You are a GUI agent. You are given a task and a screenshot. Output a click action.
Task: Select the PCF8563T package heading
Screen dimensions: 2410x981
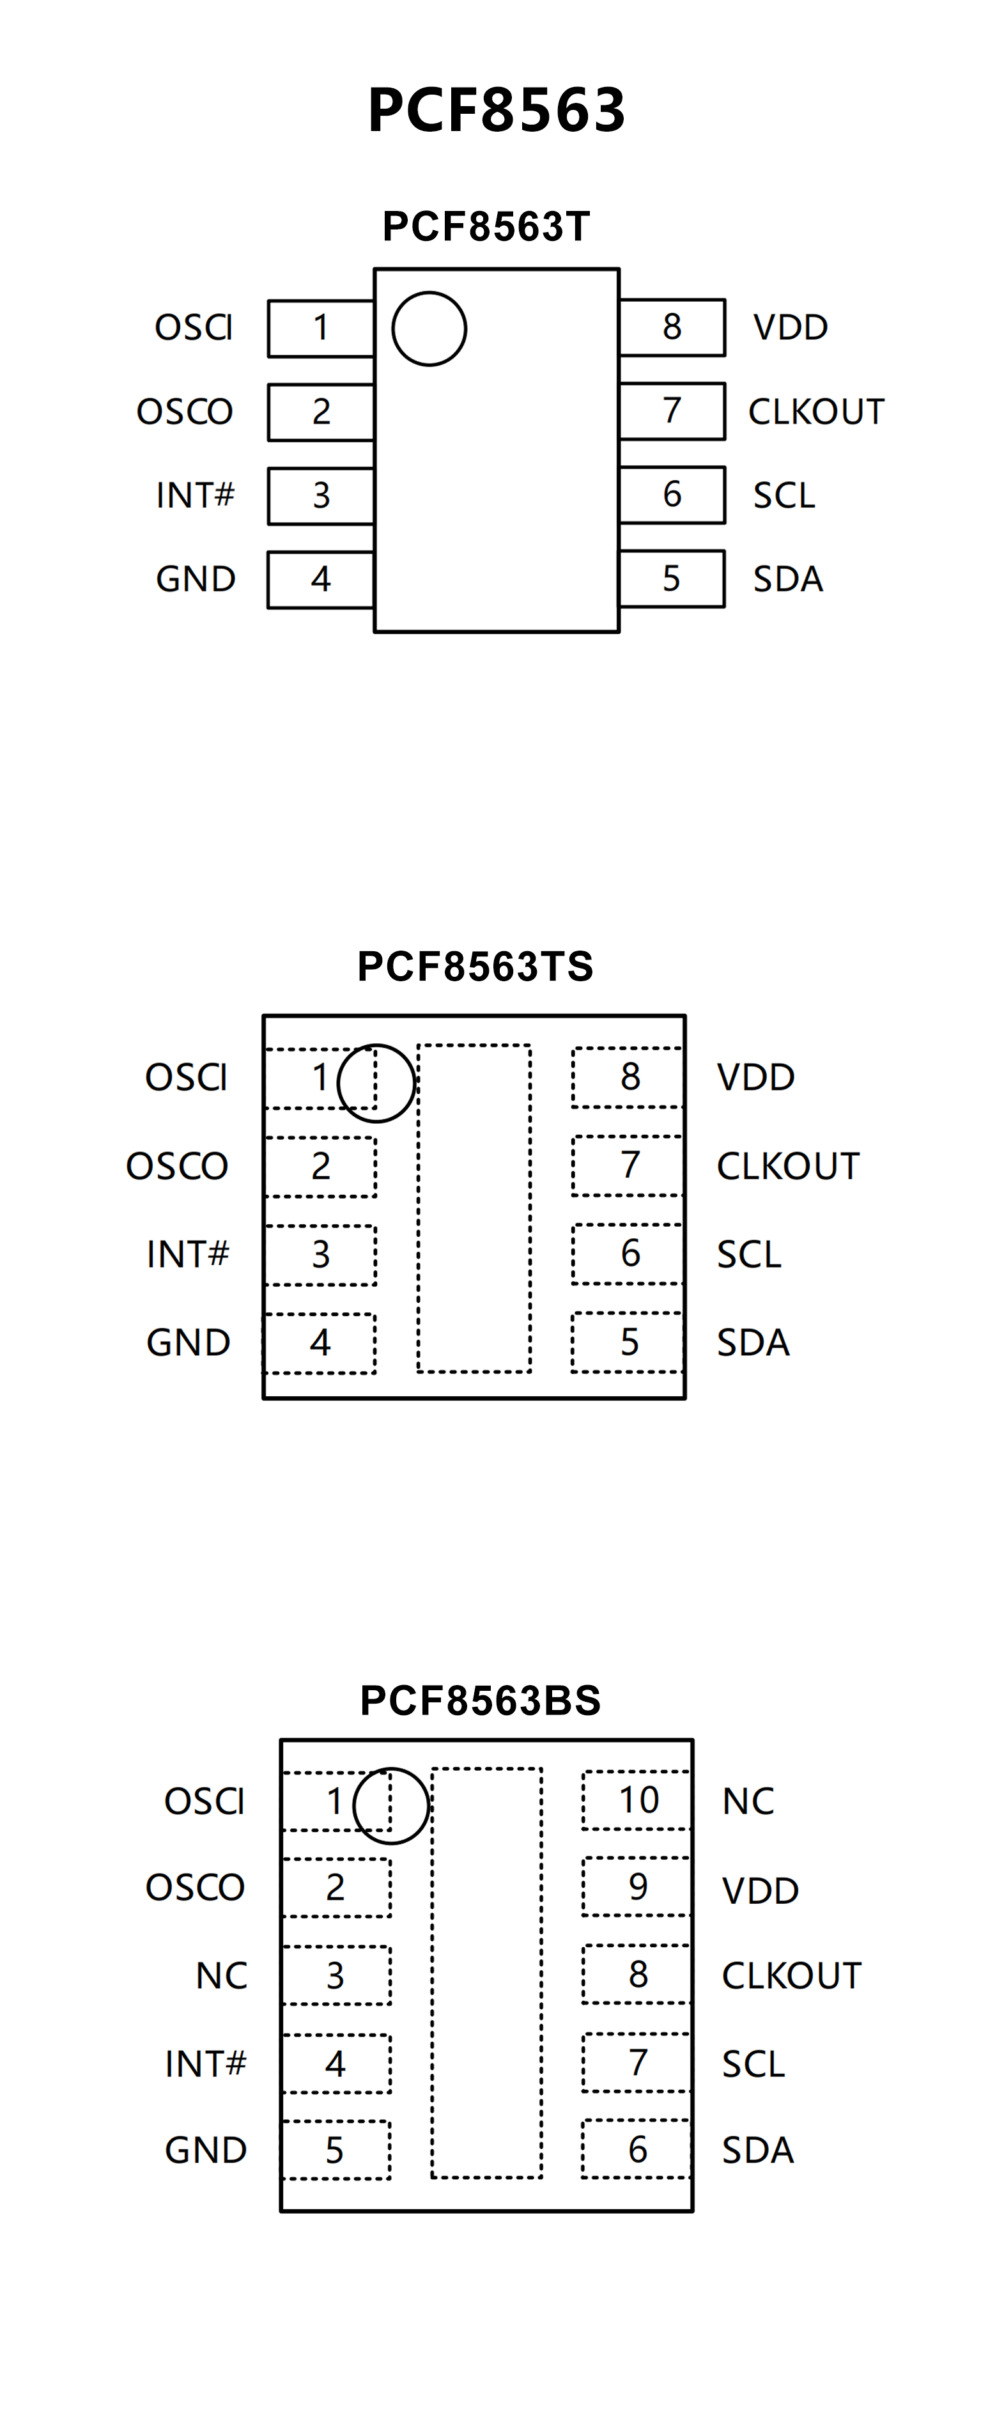(486, 226)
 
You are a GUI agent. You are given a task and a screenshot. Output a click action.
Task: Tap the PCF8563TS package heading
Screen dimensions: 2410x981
(475, 967)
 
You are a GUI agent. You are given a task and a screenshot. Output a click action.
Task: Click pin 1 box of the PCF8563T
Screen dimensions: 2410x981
(321, 329)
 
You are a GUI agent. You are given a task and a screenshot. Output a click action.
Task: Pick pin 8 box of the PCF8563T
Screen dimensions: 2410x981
(672, 327)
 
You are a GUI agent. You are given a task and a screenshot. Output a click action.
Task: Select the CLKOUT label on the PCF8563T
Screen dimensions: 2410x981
(815, 412)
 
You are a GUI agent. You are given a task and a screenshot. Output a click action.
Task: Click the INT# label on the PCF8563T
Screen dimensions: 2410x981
(194, 495)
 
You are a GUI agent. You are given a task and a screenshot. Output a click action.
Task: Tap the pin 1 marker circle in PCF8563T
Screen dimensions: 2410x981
(429, 329)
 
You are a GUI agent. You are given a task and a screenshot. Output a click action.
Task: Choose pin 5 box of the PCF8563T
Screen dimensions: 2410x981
(672, 579)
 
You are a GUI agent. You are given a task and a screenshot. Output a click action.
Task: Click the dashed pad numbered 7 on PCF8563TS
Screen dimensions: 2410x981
(628, 1166)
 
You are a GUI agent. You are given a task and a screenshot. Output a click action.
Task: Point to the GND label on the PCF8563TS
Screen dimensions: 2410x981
(188, 1342)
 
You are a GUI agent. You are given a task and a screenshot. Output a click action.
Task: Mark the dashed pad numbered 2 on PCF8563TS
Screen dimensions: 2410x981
(321, 1167)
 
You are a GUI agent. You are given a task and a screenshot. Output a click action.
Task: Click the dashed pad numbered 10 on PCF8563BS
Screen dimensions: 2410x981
(638, 1800)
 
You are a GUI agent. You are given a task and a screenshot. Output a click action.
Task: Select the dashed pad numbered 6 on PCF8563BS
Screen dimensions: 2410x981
(637, 2150)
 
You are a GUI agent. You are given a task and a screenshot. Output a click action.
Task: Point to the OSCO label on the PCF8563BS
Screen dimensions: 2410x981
(194, 1888)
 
